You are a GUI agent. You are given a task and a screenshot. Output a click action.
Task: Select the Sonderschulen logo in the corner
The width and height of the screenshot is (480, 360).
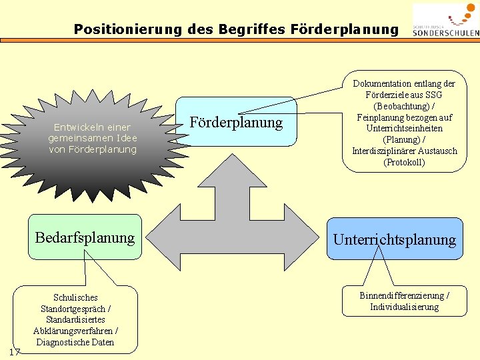pos(445,19)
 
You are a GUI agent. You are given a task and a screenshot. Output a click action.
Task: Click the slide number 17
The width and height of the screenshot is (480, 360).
pos(15,351)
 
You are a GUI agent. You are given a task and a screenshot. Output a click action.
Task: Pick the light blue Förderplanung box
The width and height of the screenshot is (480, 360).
pos(237,123)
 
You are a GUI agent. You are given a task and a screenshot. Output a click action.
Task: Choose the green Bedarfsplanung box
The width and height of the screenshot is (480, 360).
pos(85,237)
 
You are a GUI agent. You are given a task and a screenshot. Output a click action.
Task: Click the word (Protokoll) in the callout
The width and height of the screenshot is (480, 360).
pos(405,162)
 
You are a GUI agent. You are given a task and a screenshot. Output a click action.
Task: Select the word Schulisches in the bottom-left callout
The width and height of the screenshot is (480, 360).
pos(75,297)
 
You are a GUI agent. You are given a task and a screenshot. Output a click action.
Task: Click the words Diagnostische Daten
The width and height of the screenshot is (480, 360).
pos(75,342)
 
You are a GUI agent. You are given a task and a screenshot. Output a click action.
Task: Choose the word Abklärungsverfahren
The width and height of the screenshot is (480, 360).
pos(71,331)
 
